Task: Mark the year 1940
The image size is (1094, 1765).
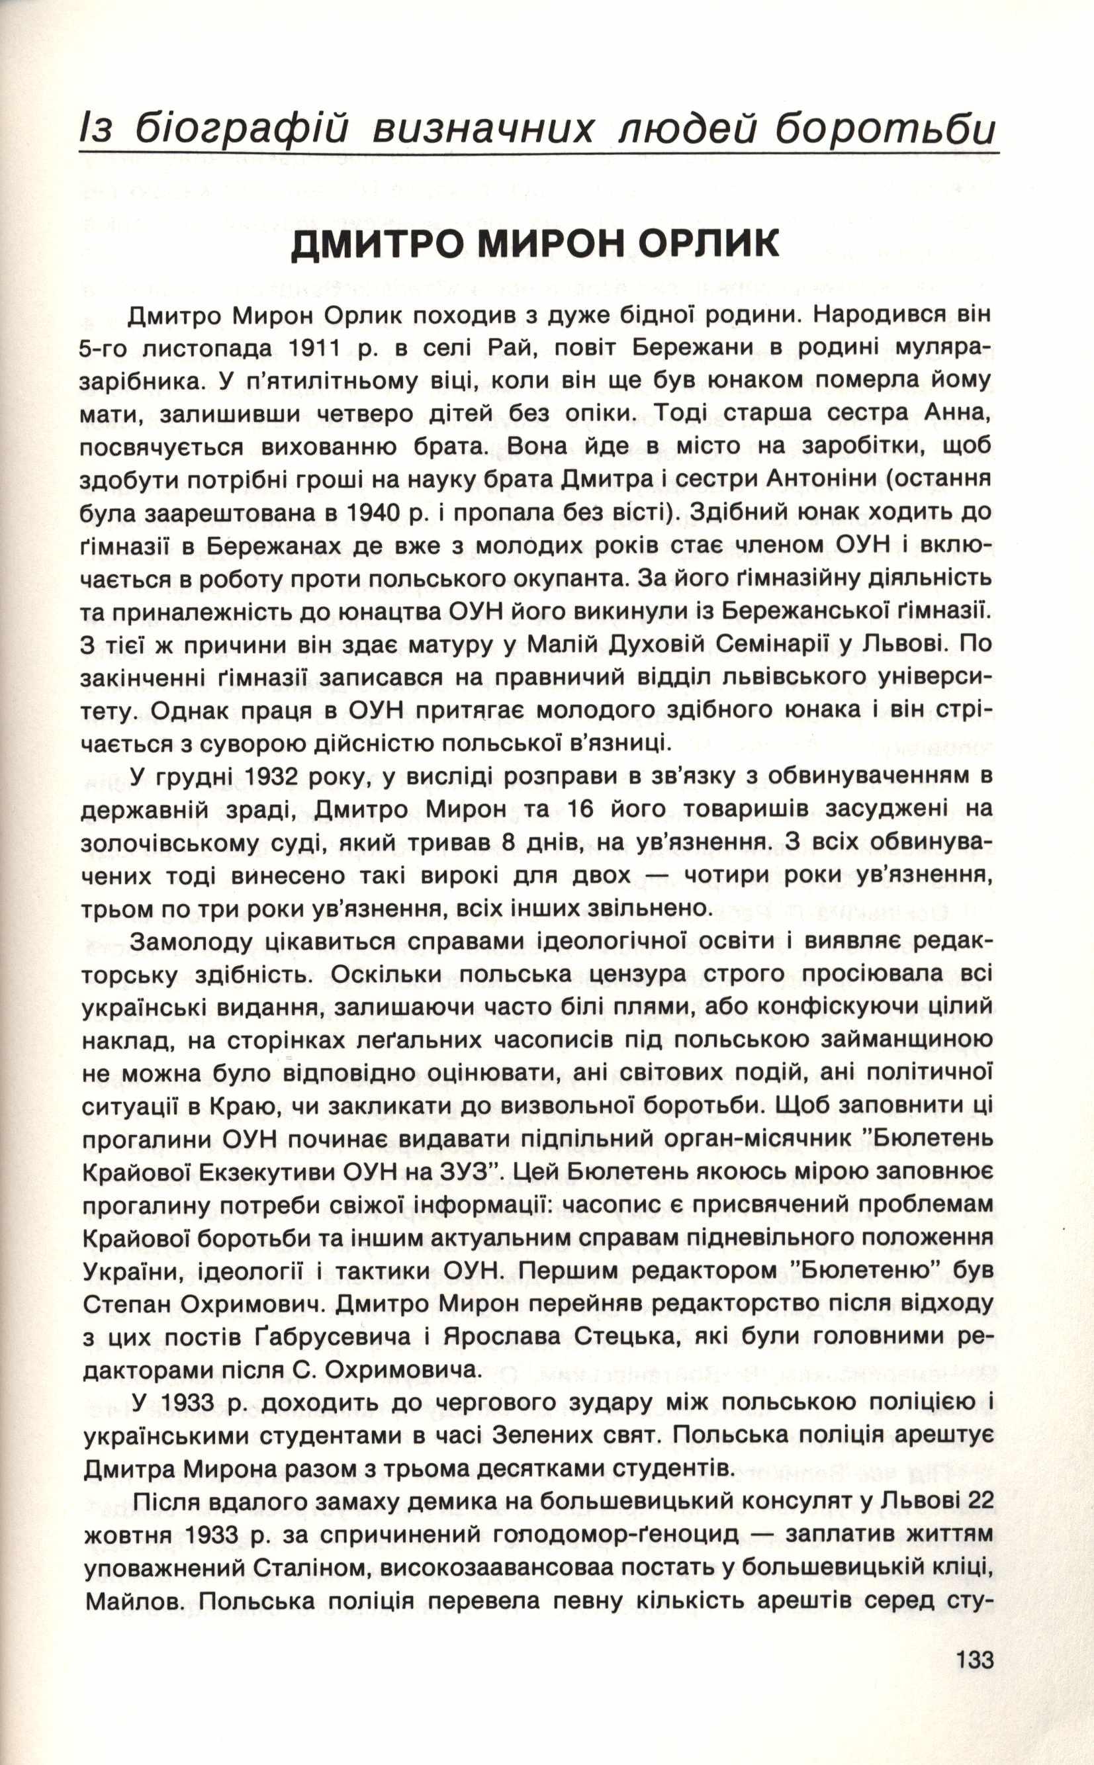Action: coord(380,513)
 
